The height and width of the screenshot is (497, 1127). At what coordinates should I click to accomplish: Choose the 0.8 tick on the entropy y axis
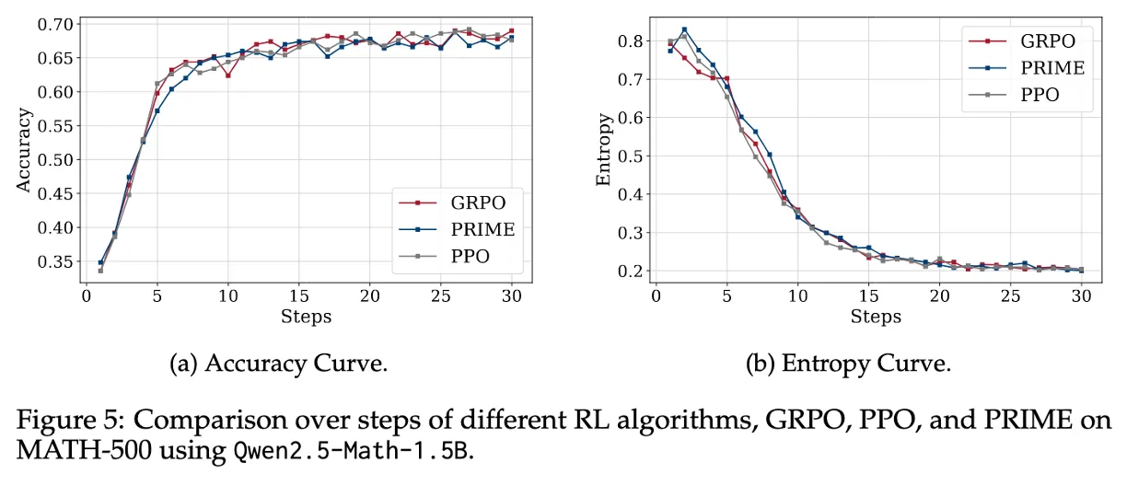[631, 41]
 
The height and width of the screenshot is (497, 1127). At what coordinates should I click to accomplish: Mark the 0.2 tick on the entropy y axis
[631, 272]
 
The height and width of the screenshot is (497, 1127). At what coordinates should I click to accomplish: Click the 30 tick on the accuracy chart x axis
[511, 295]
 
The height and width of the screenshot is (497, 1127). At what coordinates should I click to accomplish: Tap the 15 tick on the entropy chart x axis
[867, 295]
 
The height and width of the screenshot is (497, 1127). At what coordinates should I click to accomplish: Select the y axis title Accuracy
[25, 150]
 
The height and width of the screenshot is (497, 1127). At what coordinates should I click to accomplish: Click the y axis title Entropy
[603, 150]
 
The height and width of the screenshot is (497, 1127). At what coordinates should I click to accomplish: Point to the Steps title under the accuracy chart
[306, 317]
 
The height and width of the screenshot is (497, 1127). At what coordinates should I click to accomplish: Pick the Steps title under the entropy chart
[875, 317]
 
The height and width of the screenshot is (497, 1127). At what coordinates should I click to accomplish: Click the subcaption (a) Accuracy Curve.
[279, 364]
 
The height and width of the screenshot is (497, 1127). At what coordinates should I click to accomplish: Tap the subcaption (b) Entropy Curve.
[848, 364]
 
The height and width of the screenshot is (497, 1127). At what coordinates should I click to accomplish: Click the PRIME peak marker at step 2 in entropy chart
[684, 29]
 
